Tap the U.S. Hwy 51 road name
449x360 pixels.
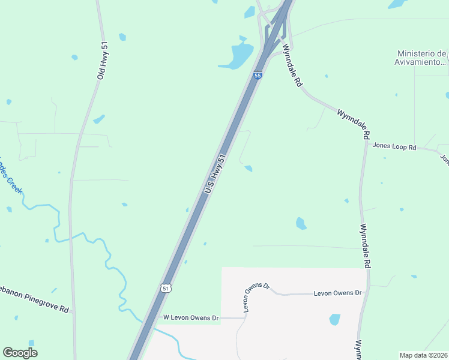(x=215, y=174)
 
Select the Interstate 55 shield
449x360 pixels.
(x=258, y=76)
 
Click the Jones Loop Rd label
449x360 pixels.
(x=394, y=146)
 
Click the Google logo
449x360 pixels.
(x=20, y=353)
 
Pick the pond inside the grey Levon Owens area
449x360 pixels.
(x=335, y=319)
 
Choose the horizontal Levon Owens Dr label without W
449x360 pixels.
(x=339, y=293)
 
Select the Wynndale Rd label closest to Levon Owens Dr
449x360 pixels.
(x=365, y=246)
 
